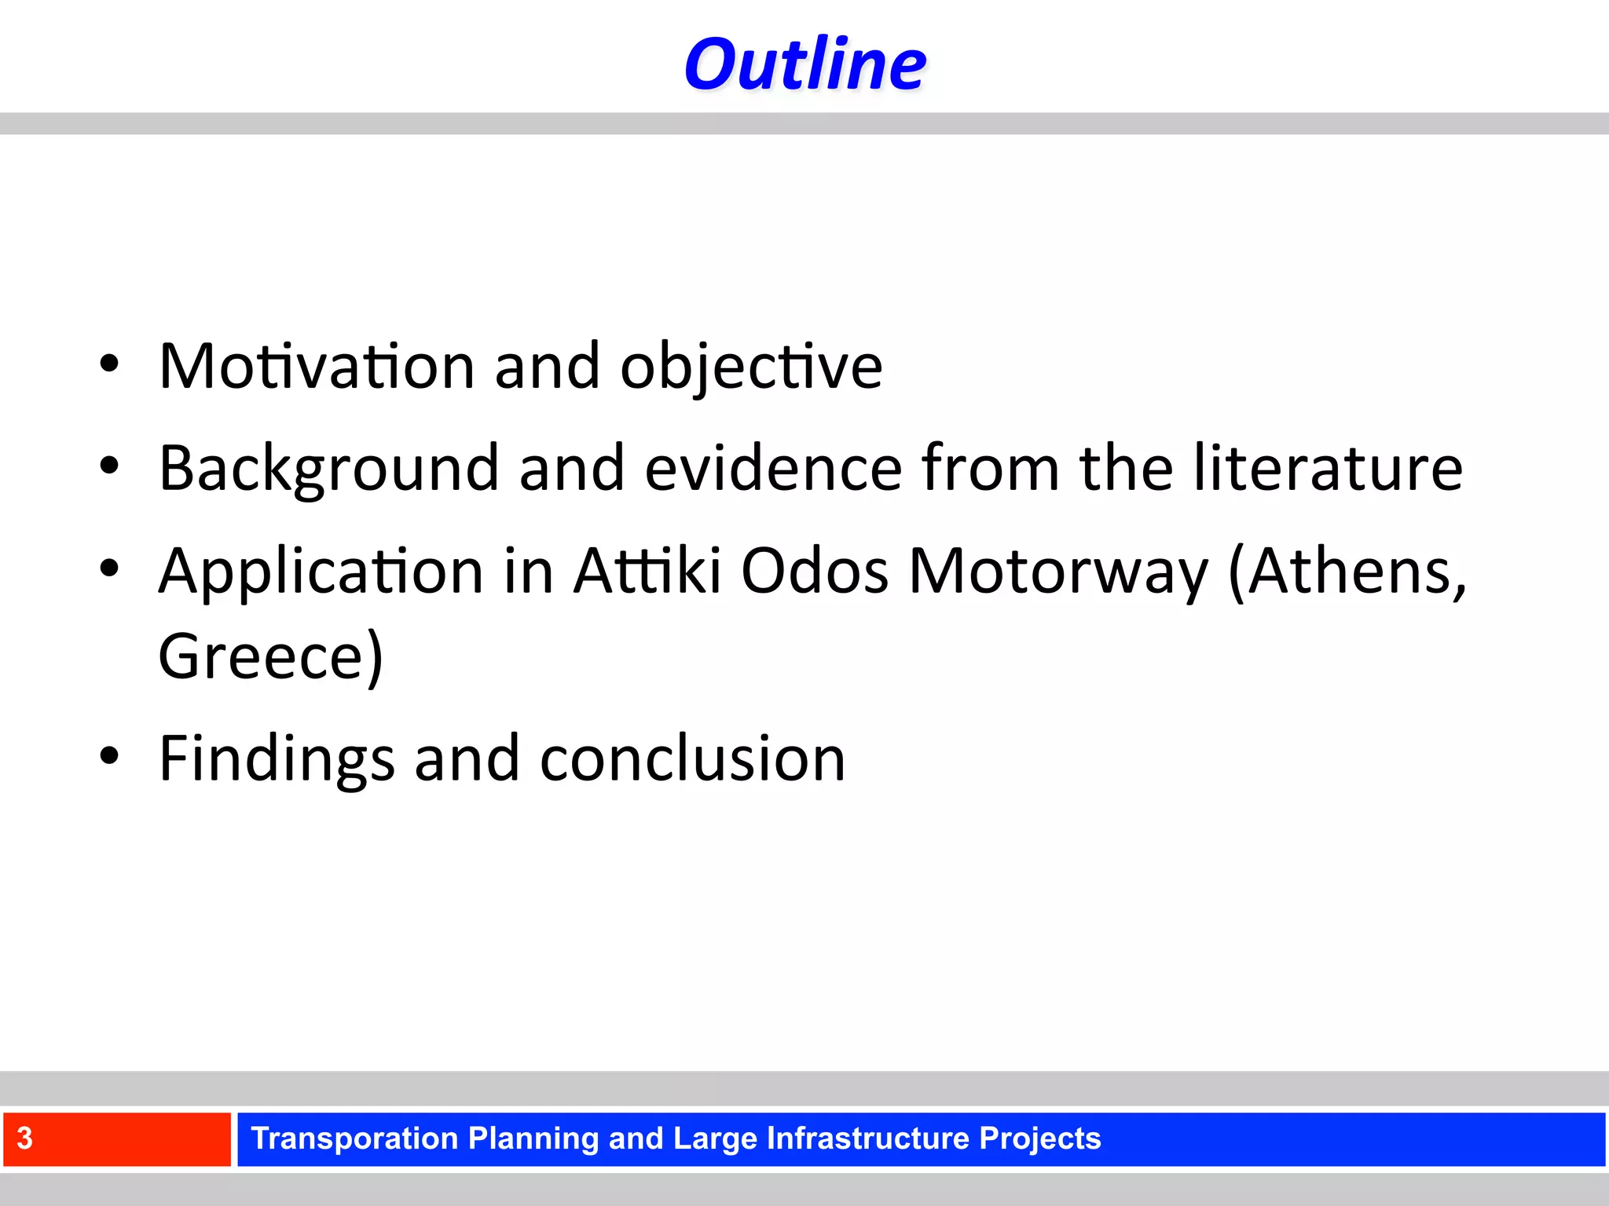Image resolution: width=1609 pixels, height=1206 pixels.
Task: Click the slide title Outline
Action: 804,64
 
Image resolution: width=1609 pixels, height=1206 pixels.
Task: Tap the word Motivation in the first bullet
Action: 317,366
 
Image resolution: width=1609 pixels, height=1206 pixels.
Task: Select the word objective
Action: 751,367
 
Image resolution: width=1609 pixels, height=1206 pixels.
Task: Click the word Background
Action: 329,469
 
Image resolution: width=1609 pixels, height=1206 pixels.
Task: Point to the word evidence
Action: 773,469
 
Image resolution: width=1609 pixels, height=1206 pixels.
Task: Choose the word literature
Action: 1328,469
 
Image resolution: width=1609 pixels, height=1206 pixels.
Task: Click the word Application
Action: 321,572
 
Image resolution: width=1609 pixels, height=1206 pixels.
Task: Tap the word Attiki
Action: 647,570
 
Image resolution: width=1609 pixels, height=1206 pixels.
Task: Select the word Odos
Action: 815,571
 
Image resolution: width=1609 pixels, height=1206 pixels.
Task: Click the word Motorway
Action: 1058,572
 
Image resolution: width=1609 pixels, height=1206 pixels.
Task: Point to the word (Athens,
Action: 1347,572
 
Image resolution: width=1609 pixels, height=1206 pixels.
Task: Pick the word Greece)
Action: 271,656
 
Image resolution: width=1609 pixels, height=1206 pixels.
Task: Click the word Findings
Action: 277,759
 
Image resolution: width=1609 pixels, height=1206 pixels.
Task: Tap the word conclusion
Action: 692,759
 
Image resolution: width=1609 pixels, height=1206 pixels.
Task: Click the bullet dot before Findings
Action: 109,756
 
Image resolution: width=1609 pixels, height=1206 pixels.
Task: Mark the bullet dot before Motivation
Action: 109,364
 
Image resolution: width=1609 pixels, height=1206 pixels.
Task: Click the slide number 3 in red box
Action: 25,1138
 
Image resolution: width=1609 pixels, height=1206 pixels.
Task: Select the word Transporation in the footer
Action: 354,1138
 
